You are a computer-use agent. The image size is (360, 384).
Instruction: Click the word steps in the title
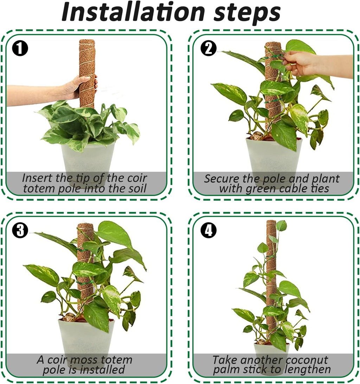[246, 13]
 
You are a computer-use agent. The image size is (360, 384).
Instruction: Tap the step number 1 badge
[20, 49]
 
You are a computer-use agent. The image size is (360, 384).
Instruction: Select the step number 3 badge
[20, 231]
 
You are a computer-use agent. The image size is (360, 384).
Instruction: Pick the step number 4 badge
[208, 231]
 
